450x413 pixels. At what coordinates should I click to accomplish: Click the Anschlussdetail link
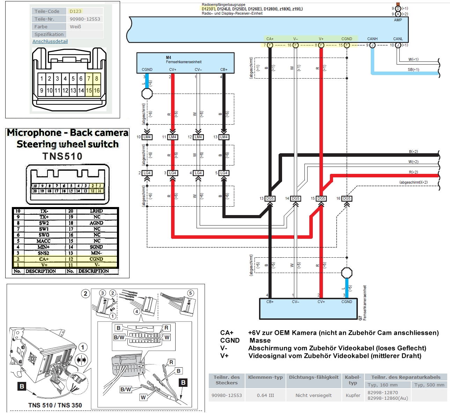pos(50,41)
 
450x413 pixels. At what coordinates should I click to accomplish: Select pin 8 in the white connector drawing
pos(97,79)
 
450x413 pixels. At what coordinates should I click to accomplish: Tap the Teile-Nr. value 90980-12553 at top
pos(85,19)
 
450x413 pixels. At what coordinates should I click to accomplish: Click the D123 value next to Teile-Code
pos(75,11)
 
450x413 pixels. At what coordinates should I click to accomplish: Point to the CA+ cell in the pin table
pos(44,259)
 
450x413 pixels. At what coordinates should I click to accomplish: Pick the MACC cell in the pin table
pos(43,241)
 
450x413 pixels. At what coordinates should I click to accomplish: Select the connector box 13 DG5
pos(270,198)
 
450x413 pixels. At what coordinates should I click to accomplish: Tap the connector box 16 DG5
pos(347,198)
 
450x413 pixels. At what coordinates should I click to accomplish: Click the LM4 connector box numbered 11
pos(172,137)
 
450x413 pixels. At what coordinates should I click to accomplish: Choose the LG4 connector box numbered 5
pos(224,173)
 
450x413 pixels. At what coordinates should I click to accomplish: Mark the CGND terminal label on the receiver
pos(347,39)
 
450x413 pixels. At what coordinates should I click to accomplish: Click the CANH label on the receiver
pos(372,39)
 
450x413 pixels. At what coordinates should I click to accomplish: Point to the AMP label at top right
pos(398,20)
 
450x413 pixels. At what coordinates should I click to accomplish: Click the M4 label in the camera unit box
pos(169,58)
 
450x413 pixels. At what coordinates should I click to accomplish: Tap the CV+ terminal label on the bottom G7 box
pos(321,302)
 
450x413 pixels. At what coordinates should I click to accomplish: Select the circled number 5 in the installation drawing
pos(190,293)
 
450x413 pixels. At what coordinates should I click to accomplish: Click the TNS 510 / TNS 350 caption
pos(55,405)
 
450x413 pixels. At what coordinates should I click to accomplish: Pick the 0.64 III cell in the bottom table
pos(265,395)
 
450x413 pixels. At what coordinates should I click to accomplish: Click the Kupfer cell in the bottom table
pos(353,395)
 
